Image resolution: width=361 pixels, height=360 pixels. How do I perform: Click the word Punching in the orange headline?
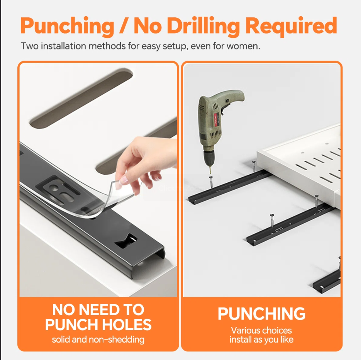(x=67, y=26)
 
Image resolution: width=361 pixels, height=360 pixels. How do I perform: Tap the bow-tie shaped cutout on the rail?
(x=126, y=241)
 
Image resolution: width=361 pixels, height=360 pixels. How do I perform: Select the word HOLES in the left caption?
(x=127, y=324)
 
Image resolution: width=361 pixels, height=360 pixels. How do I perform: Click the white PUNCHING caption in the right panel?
(x=261, y=314)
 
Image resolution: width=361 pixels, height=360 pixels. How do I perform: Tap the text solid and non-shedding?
(x=98, y=340)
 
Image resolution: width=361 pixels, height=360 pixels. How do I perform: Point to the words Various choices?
(x=261, y=331)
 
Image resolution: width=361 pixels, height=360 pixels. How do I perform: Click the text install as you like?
(x=261, y=340)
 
